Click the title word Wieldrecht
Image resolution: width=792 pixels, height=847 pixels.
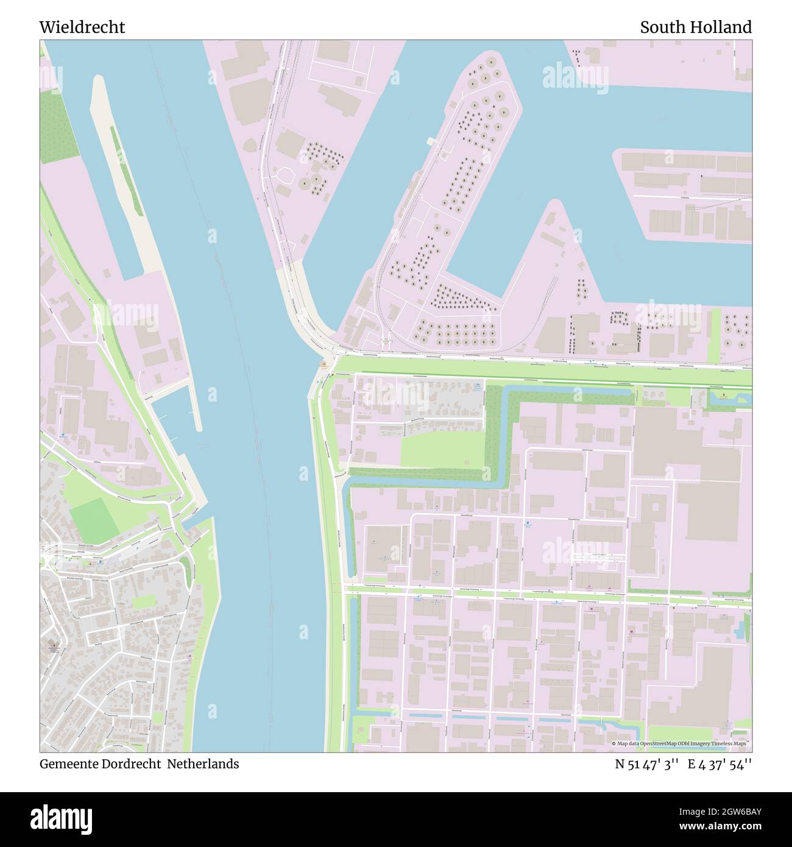pos(82,27)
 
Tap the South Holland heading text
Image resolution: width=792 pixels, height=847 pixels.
pos(695,27)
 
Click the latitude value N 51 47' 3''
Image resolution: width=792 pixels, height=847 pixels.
pos(647,764)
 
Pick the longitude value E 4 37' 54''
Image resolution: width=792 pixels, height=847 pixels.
pos(720,764)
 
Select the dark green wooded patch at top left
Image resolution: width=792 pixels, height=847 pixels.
pos(57,127)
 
